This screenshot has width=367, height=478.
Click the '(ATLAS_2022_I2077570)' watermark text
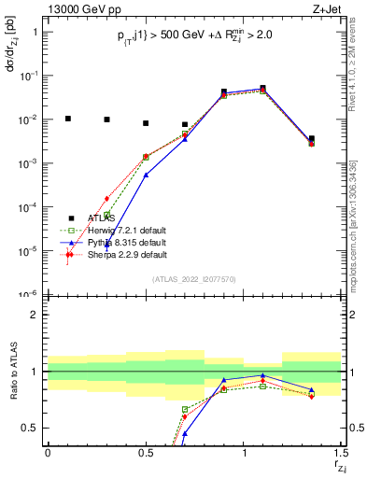click(x=195, y=279)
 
